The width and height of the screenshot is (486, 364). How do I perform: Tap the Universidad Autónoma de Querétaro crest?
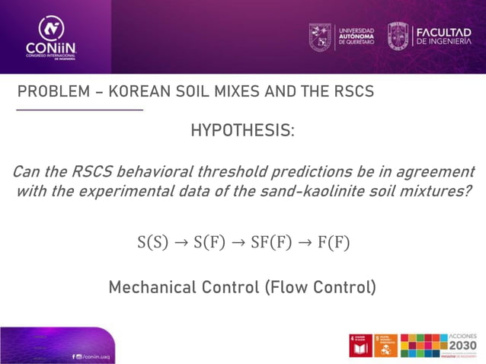[x=320, y=36]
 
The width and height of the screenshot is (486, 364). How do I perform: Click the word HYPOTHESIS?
[x=242, y=130]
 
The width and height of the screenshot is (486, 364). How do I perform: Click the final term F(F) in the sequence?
[x=334, y=243]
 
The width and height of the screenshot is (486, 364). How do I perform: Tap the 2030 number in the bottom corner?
[x=463, y=347]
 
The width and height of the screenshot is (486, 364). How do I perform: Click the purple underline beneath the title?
[x=79, y=110]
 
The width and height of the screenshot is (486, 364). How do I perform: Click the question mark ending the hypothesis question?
[x=467, y=190]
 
